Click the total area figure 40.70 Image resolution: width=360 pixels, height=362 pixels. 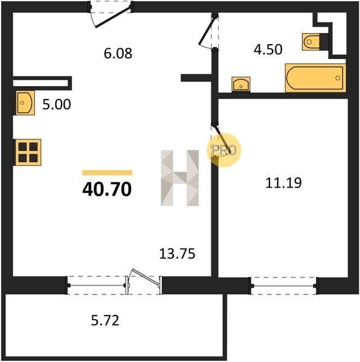point(107,189)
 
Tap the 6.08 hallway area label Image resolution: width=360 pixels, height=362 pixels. point(118,53)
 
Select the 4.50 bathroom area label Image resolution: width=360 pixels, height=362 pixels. point(268,49)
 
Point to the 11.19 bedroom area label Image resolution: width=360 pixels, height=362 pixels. point(283,183)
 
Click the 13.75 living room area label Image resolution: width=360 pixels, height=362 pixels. point(177,254)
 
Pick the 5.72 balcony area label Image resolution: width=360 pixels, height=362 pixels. point(105,320)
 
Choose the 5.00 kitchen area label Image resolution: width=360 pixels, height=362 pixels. point(57,104)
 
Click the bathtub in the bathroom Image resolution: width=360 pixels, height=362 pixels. point(315,78)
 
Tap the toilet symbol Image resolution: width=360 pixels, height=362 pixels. point(311,42)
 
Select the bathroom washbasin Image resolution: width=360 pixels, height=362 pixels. point(241,84)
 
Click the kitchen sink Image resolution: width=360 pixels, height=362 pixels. point(25,103)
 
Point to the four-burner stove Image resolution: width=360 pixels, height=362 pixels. point(28,153)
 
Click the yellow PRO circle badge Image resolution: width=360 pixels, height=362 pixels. point(223,150)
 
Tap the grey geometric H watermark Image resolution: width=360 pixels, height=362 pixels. point(180,178)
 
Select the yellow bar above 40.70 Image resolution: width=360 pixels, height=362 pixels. point(107,173)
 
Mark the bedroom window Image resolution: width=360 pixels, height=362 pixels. point(283,286)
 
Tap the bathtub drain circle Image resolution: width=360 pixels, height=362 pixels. point(338,78)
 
